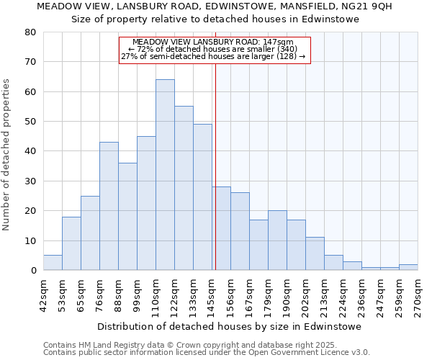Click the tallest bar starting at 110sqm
(165, 175)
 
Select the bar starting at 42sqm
(53, 263)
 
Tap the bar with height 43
(109, 206)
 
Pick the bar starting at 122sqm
(184, 188)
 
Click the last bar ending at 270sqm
(408, 267)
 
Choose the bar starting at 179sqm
(277, 240)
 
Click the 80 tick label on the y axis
(30, 32)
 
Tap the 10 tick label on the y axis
(30, 240)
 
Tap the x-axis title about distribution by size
(229, 326)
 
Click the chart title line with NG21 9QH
(214, 6)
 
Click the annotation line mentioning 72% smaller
(214, 49)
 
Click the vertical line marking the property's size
(215, 166)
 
